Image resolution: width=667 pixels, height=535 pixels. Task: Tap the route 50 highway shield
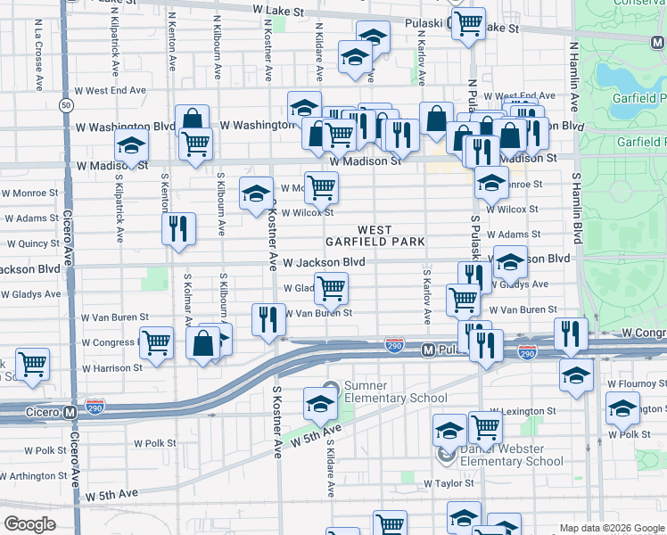tap(66, 105)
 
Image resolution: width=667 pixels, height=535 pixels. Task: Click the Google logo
tap(29, 524)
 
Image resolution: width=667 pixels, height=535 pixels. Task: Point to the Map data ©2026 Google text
tap(612, 528)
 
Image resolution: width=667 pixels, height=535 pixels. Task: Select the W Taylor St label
tap(452, 483)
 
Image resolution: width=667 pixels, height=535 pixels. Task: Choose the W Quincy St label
tap(33, 243)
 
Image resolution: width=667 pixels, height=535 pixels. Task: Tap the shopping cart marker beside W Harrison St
tap(33, 364)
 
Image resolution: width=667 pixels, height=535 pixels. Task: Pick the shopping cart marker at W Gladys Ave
tap(331, 287)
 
